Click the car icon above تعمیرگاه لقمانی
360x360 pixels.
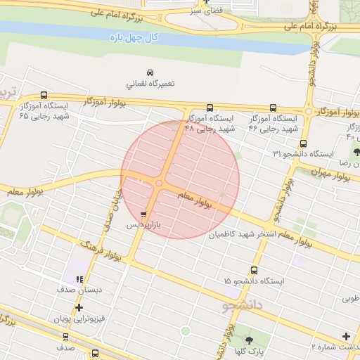click(150, 72)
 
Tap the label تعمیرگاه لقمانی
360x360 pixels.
click(149, 84)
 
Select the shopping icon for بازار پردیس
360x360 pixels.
click(144, 214)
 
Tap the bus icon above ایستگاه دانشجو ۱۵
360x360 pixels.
click(254, 270)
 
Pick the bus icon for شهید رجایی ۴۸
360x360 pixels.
click(210, 108)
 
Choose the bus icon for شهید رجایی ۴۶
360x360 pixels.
click(273, 108)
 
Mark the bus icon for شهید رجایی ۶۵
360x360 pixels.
click(45, 95)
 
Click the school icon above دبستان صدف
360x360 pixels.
click(79, 280)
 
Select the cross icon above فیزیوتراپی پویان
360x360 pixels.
click(79, 307)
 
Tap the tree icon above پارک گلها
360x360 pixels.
click(249, 340)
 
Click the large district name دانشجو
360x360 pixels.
click(243, 306)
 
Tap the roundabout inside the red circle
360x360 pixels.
click(160, 183)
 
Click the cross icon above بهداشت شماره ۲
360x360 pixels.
click(346, 336)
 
